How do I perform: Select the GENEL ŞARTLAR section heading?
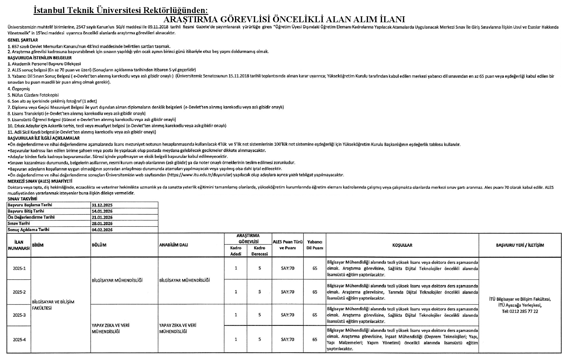pyautogui.click(x=23, y=40)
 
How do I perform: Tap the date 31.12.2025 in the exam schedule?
pyautogui.click(x=102, y=205)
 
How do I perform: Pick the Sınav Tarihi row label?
pyautogui.click(x=19, y=224)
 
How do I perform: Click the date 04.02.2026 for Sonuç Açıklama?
pyautogui.click(x=102, y=230)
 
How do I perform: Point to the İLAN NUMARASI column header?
pyautogui.click(x=19, y=245)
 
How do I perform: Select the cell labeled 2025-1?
pyautogui.click(x=19, y=268)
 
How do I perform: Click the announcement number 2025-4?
pyautogui.click(x=19, y=340)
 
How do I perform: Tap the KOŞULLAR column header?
pyautogui.click(x=402, y=245)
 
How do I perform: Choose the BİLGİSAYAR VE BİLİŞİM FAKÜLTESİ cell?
pyautogui.click(x=53, y=305)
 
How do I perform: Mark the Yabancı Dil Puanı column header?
pyautogui.click(x=315, y=245)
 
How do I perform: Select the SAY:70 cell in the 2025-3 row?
pyautogui.click(x=287, y=315)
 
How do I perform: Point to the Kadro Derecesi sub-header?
pyautogui.click(x=260, y=251)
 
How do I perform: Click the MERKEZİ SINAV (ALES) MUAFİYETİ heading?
pyautogui.click(x=40, y=181)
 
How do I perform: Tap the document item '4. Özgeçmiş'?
pyautogui.click(x=19, y=89)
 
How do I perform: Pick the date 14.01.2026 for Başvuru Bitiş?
pyautogui.click(x=102, y=211)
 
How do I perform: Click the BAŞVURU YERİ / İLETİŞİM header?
pyautogui.click(x=520, y=245)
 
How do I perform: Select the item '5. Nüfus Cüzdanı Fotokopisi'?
pyautogui.click(x=33, y=95)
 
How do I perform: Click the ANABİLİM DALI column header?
pyautogui.click(x=173, y=245)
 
